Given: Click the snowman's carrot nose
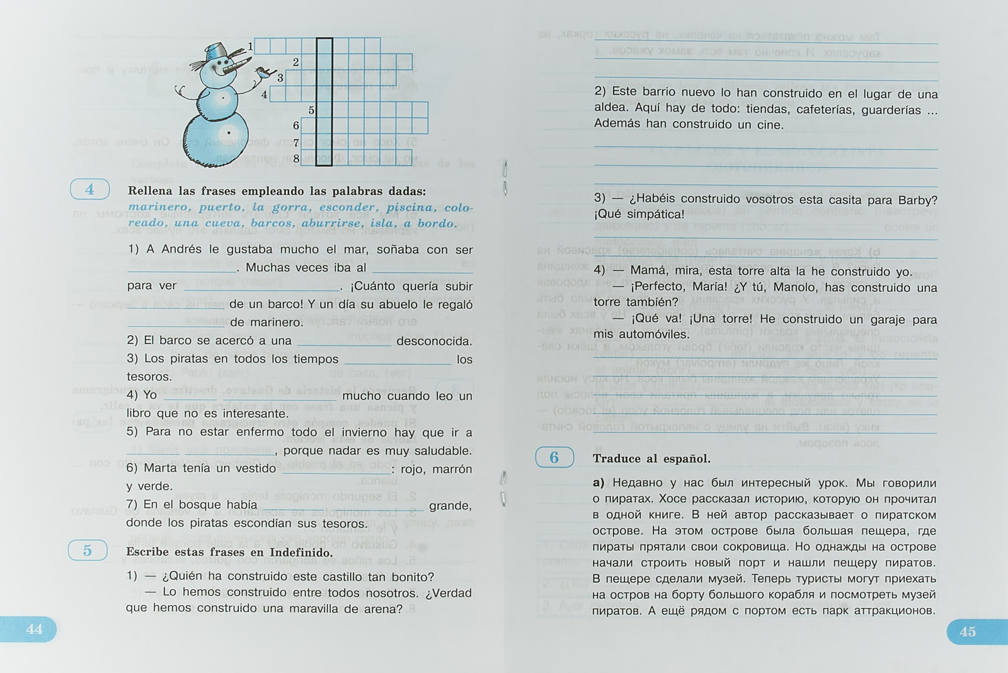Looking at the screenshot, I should pos(236,65).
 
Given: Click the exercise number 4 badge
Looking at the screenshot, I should pos(89,189).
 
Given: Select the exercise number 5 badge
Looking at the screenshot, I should pos(88,550).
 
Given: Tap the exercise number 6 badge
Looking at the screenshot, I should pos(554,457).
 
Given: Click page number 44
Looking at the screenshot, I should pos(34,629).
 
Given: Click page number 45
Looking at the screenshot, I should pos(968,631).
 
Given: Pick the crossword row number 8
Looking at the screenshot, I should pos(296,158).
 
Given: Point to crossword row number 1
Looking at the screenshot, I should pos(250,46).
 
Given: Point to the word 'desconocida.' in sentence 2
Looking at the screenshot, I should pos(433,341).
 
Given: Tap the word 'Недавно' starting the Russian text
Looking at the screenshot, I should pos(636,483).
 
